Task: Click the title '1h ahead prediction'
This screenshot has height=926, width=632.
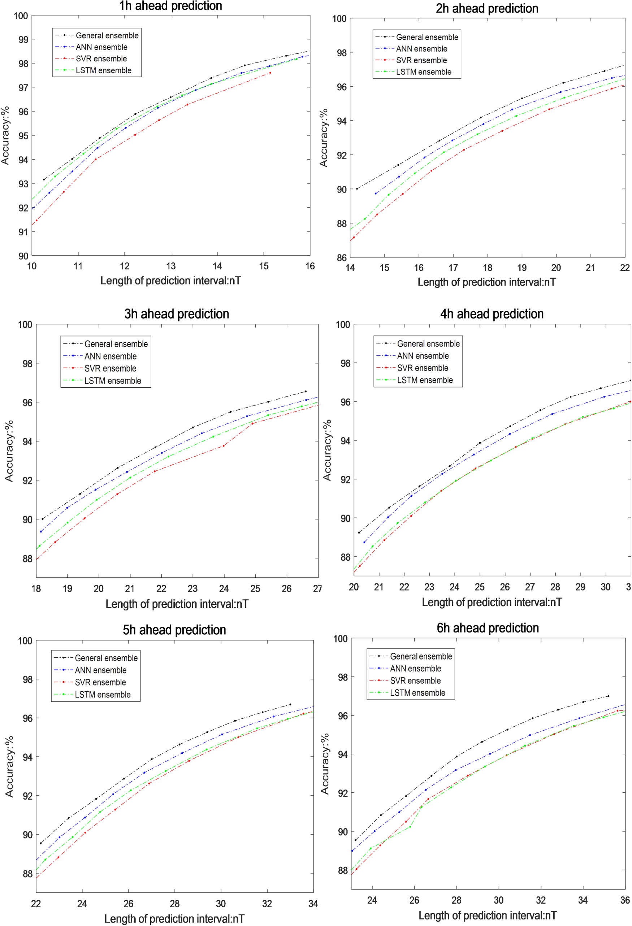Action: coord(170,6)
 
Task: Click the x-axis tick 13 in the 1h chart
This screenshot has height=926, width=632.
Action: coord(171,266)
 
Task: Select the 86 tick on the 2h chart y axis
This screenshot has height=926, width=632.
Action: coord(342,257)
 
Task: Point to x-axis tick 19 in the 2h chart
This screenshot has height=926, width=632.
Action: coord(521,268)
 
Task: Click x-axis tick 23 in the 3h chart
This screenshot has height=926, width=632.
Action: coord(192,588)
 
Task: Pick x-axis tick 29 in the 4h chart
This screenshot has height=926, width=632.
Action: coord(580,587)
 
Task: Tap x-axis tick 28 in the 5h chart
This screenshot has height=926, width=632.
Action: coord(174,904)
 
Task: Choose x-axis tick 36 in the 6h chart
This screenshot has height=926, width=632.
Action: coord(625,900)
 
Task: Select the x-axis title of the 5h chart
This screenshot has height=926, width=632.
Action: coord(174,919)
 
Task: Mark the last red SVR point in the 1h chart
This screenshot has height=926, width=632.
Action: coord(270,73)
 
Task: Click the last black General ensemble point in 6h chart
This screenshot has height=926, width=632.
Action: coord(608,696)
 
